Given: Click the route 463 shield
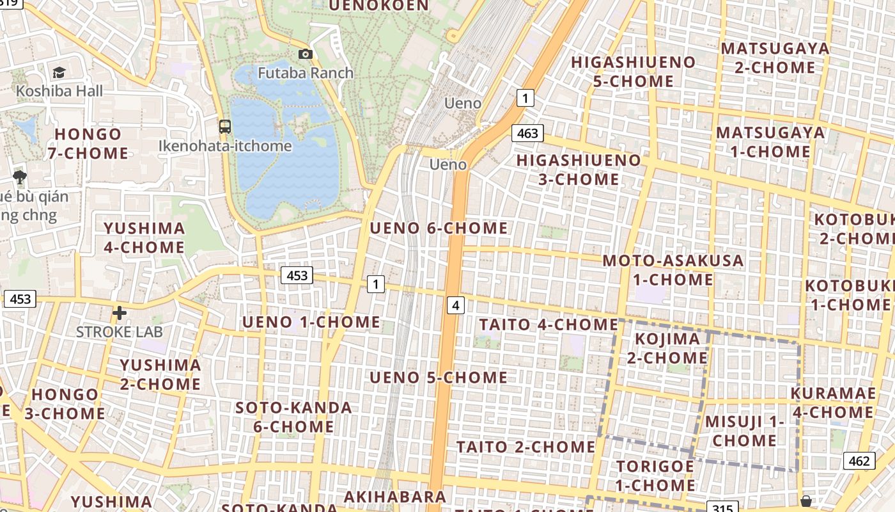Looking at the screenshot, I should (527, 134).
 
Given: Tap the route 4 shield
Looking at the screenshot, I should (455, 305).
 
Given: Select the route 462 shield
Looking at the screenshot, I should (859, 461).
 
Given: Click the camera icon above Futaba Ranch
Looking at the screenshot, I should (306, 54).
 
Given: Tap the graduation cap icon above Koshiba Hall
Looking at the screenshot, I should (59, 73).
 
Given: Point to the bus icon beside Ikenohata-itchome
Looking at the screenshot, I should (225, 126).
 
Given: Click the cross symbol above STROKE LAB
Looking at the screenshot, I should (119, 313).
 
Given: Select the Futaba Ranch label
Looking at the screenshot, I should (306, 73).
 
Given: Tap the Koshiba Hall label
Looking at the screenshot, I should (59, 91).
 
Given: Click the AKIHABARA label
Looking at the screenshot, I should (395, 497).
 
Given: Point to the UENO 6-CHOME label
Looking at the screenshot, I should (439, 228).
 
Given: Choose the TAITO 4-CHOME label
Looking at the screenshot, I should (549, 324).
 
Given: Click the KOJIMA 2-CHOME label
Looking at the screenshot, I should (667, 348).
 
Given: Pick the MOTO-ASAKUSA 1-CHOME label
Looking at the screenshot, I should (673, 270).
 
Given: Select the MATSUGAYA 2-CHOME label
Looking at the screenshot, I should (775, 58).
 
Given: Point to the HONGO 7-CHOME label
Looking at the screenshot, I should (88, 143).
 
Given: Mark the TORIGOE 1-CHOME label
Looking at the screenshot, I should (655, 476).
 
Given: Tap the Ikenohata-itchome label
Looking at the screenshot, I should (225, 146).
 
